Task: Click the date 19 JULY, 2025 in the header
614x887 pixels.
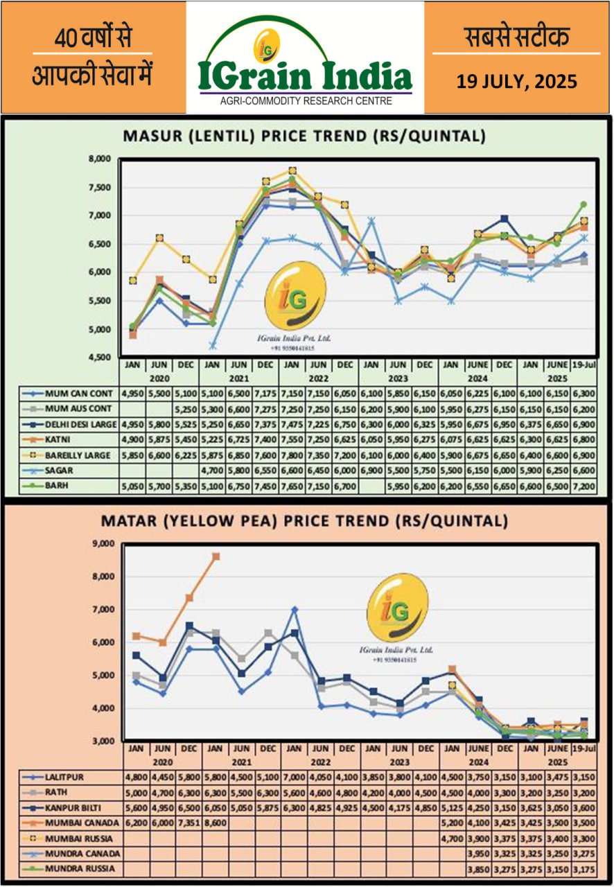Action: pos(516,82)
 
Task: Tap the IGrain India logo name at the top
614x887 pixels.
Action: pos(305,76)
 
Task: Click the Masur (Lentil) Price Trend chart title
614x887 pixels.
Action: pos(304,136)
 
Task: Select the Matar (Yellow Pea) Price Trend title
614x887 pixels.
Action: pos(304,520)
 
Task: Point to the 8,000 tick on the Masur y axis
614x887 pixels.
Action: pos(100,159)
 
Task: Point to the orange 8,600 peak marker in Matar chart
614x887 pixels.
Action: pos(216,556)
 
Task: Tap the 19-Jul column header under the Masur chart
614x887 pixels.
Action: pos(583,363)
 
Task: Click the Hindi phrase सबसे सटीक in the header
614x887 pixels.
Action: pos(516,38)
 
